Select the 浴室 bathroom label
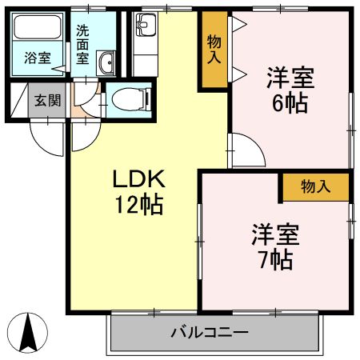click(37, 58)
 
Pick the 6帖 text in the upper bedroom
click(290, 104)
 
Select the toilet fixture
click(130, 100)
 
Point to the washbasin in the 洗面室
click(106, 62)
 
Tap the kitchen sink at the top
click(146, 26)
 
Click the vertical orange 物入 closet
click(214, 50)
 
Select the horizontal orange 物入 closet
click(315, 186)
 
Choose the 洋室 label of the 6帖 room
click(290, 78)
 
